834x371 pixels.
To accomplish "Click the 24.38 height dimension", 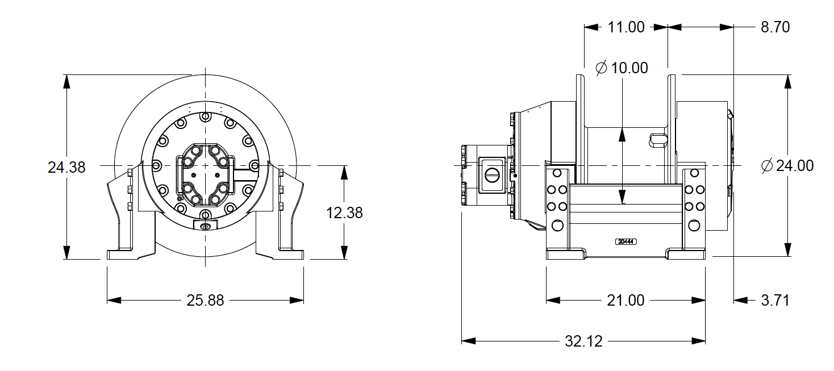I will [x=66, y=168].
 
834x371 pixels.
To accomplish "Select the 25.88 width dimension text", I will [x=205, y=301].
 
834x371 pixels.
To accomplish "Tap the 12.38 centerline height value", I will [x=344, y=213].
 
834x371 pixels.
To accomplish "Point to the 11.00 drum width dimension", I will [x=626, y=27].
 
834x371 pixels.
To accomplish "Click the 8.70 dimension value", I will [x=775, y=27].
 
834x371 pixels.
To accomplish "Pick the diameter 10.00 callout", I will [x=622, y=68].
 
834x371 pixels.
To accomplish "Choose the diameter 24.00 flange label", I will [x=787, y=166].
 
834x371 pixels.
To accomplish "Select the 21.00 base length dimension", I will [x=625, y=300].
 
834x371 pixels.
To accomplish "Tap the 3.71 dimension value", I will [x=775, y=300].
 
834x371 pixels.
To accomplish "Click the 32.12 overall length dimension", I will [x=583, y=341].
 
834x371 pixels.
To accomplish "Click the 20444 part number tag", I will [x=625, y=241].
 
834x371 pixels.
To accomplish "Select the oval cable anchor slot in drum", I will [x=658, y=138].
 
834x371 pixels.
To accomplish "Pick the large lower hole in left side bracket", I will [x=557, y=226].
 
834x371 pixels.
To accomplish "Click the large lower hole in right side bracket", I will [x=694, y=226].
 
